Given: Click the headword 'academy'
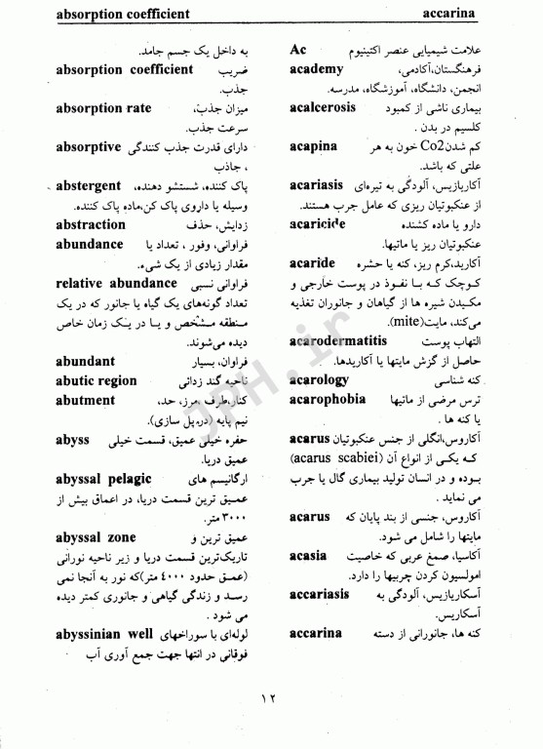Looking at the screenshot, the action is click(x=317, y=69).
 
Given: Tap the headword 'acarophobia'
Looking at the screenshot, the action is click(x=327, y=400).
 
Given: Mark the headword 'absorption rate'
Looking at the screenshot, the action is click(x=104, y=108).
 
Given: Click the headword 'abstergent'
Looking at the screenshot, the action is click(x=101, y=186).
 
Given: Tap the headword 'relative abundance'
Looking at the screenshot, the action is click(x=116, y=284).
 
